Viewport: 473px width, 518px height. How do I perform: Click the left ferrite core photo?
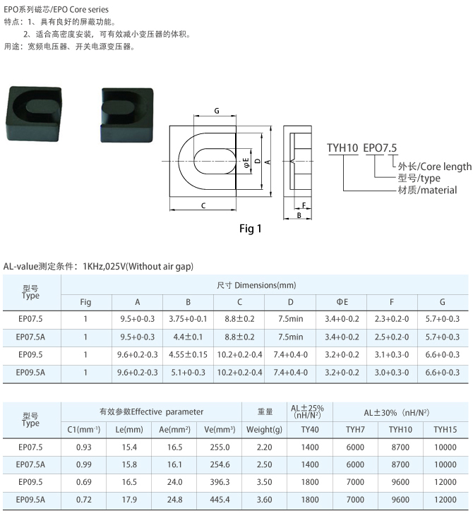34,114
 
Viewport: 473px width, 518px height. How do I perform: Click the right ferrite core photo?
127,115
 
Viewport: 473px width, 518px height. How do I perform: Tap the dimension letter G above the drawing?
217,111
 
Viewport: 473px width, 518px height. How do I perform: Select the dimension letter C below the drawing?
203,205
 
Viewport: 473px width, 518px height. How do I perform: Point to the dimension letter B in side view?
299,215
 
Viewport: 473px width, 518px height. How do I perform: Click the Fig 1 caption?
250,229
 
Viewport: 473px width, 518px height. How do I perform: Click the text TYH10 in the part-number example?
342,148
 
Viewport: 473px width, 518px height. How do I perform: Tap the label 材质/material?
427,191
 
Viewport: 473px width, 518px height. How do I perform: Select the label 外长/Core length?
435,167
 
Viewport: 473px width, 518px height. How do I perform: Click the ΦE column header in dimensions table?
342,302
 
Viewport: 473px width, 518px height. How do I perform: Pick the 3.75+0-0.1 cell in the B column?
188,319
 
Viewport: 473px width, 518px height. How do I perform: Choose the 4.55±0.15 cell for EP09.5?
188,355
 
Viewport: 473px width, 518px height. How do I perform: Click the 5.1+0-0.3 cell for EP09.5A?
188,373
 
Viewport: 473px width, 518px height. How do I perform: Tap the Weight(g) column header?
265,430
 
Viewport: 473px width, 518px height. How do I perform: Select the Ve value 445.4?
220,500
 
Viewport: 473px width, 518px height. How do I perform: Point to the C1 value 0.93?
83,447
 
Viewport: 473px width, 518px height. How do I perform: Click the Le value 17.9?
129,500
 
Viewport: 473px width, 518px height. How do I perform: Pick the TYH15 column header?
445,430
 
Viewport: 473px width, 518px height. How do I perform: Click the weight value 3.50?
265,482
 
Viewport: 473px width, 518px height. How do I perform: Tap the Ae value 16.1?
174,465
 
